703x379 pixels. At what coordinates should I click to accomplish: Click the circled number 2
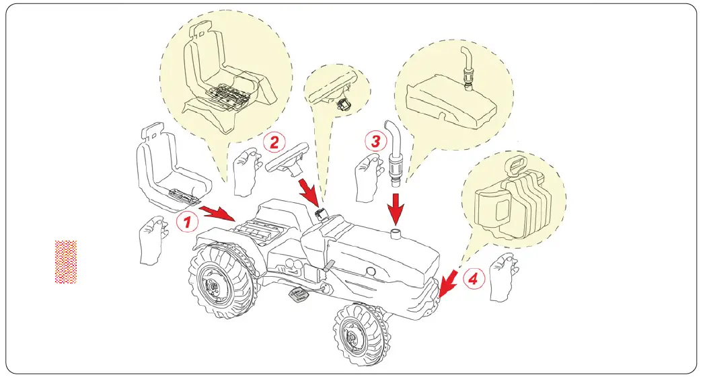[x=274, y=142]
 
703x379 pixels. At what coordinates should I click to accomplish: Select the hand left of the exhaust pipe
[x=367, y=173]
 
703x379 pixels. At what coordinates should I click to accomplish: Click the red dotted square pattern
[x=66, y=261]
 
